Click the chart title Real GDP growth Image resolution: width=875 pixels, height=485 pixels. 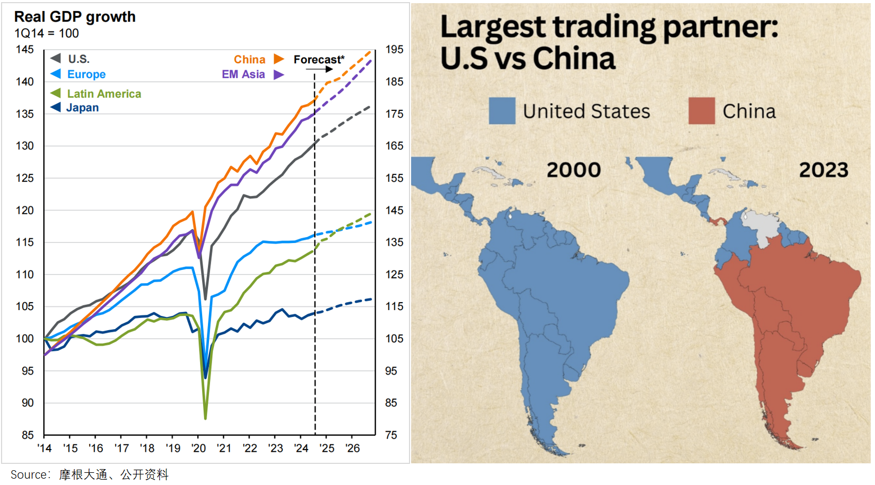pyautogui.click(x=74, y=17)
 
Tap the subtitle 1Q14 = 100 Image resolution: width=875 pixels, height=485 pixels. pyautogui.click(x=46, y=33)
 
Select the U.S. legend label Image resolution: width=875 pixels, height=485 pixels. pyautogui.click(x=79, y=59)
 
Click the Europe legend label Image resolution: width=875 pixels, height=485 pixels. pyautogui.click(x=86, y=74)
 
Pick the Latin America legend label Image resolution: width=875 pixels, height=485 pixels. pyautogui.click(x=104, y=94)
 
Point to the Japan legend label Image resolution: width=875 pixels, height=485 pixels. pyautogui.click(x=82, y=108)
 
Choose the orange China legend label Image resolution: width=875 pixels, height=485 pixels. pyautogui.click(x=250, y=60)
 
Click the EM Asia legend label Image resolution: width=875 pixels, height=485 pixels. pyautogui.click(x=243, y=74)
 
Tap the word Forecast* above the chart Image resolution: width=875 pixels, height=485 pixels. pyautogui.click(x=319, y=60)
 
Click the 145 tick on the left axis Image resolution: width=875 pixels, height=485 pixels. pyautogui.click(x=25, y=50)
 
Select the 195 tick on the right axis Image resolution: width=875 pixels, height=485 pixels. pyautogui.click(x=394, y=50)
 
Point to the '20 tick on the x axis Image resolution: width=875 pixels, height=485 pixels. pyautogui.click(x=198, y=449)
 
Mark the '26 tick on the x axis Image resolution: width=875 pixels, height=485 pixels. pyautogui.click(x=353, y=449)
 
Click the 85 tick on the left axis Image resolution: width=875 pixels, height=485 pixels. pyautogui.click(x=27, y=435)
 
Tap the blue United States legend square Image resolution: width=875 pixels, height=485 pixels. pyautogui.click(x=502, y=111)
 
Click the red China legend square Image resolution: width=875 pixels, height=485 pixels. pyautogui.click(x=701, y=111)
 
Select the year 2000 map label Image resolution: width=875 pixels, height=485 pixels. pyautogui.click(x=574, y=170)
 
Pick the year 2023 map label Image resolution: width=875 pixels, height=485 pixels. pyautogui.click(x=823, y=170)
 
